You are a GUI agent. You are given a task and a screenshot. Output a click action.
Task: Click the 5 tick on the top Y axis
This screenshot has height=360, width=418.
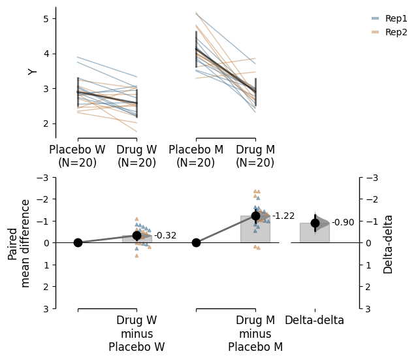tap(45, 18)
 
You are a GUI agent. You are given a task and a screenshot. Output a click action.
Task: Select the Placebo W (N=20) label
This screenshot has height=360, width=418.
tap(77, 156)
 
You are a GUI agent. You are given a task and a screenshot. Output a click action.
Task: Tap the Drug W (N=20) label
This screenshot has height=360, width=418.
tap(137, 156)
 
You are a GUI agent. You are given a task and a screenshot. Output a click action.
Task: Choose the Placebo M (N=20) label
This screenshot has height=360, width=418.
tap(196, 156)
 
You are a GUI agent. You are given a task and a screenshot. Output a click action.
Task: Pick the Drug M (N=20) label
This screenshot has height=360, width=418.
tap(255, 156)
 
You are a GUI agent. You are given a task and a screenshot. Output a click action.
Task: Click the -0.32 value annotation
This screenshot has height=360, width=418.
tap(165, 236)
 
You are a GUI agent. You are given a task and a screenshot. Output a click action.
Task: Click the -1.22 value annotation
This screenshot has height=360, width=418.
tap(283, 216)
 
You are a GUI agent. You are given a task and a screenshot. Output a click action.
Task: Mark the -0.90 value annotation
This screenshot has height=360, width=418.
tap(343, 223)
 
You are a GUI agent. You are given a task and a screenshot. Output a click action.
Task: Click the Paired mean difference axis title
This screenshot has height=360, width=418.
tap(19, 243)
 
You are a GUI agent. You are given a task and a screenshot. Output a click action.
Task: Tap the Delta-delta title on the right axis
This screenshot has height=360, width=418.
tap(389, 243)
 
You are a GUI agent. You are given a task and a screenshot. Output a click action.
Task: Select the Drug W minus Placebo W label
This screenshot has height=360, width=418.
tap(137, 334)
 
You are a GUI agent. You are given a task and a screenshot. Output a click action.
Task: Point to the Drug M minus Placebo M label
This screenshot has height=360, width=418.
tap(255, 334)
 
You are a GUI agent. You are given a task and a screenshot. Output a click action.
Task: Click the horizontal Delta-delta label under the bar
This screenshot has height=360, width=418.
tap(314, 321)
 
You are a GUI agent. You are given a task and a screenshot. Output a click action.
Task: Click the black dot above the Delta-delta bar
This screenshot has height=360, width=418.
tap(315, 223)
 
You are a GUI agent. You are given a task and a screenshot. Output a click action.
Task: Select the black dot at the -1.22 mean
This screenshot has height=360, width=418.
tap(255, 216)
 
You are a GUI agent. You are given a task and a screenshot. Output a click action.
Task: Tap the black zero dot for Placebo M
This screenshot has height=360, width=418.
tap(196, 242)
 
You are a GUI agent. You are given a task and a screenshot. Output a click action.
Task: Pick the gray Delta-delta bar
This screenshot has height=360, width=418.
tap(315, 233)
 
